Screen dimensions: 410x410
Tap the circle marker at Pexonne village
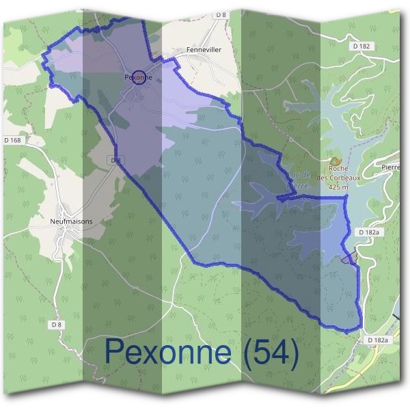(139, 78)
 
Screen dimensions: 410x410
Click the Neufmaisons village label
(71, 221)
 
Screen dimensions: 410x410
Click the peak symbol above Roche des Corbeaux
(335, 159)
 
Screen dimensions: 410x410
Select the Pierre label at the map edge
(390, 167)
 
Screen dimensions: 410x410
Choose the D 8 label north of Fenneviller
(220, 14)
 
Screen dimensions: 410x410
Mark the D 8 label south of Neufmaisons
(57, 324)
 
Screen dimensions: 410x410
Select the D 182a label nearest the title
(377, 340)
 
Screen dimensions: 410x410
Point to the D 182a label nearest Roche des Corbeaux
(368, 233)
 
